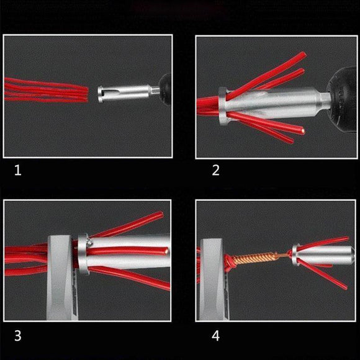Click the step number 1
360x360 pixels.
(x=17, y=169)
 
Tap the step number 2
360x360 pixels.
(x=215, y=169)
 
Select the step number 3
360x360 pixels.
(x=17, y=336)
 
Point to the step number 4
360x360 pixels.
(x=215, y=336)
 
